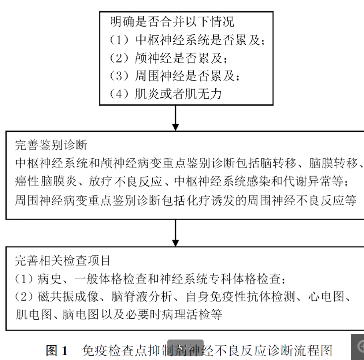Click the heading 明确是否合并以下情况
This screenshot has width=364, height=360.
(x=172, y=22)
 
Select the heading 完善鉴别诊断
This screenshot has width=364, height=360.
(x=51, y=145)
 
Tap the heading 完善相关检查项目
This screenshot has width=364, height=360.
(x=63, y=260)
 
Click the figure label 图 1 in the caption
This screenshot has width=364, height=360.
(x=57, y=350)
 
